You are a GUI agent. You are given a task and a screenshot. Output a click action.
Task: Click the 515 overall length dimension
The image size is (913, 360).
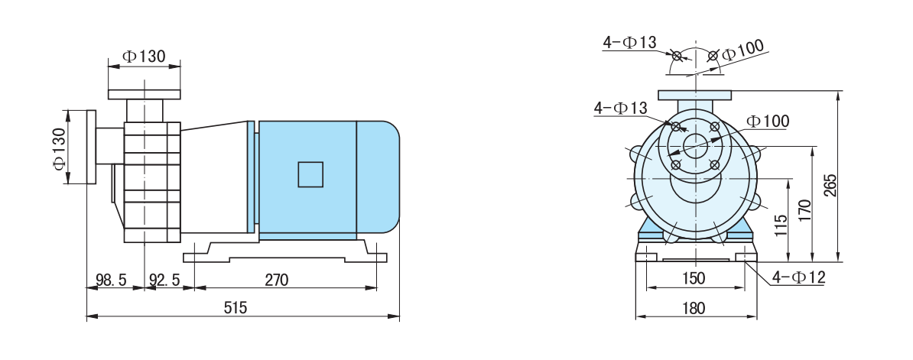click(x=236, y=308)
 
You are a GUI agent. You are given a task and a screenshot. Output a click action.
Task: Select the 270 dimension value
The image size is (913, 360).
click(x=277, y=281)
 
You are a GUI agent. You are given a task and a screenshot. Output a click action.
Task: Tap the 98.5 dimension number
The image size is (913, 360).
click(x=111, y=281)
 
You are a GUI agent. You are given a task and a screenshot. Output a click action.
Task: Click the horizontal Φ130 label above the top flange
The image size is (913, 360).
click(x=143, y=57)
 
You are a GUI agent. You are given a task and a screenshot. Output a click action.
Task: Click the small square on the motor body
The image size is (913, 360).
click(x=310, y=174)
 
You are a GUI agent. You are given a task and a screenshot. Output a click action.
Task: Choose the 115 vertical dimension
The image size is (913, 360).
click(x=781, y=225)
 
